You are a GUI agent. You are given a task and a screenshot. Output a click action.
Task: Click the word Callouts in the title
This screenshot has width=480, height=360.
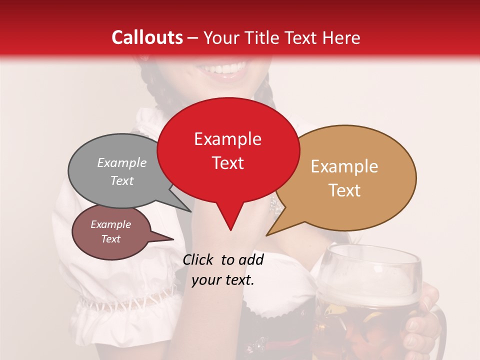click(147, 37)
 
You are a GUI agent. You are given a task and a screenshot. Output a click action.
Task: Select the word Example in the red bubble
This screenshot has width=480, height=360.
click(227, 139)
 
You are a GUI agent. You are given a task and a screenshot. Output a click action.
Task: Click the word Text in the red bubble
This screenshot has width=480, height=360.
click(227, 162)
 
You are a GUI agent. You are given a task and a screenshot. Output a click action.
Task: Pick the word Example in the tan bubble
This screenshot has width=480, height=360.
click(344, 166)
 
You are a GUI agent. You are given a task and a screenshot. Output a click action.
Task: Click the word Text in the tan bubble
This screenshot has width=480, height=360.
click(344, 190)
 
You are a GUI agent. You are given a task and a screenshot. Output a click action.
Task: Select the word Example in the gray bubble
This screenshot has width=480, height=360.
click(121, 162)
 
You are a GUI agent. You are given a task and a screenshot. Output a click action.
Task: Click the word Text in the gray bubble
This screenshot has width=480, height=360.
click(121, 180)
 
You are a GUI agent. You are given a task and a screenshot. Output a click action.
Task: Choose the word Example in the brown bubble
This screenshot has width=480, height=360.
click(110, 224)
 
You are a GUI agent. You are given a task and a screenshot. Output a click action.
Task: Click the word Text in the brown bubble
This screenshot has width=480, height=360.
click(110, 239)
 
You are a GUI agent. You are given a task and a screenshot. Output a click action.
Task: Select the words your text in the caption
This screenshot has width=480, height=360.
click(222, 280)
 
